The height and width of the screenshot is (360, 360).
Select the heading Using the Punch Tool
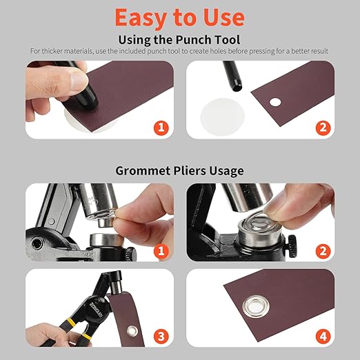coord(180,39)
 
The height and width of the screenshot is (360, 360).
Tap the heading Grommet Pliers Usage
coord(180,170)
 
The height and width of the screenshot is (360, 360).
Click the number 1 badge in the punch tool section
coord(161,128)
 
